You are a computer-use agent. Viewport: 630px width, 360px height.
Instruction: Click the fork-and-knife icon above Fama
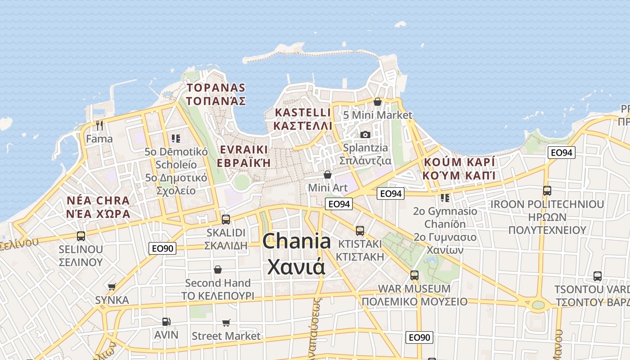[x=99, y=125]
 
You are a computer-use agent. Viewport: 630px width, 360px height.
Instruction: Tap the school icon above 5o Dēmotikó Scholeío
[x=176, y=139]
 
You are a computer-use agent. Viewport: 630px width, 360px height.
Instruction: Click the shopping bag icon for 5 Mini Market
[x=378, y=102]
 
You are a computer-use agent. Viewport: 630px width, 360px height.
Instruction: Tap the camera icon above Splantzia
[x=365, y=135]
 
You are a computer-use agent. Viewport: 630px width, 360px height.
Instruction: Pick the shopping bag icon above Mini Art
[x=328, y=174]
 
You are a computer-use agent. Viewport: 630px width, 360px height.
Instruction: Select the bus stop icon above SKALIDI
[x=226, y=220]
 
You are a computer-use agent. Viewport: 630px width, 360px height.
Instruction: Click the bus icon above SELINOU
[x=81, y=236]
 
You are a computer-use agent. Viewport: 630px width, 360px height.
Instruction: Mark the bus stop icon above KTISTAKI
[x=360, y=231]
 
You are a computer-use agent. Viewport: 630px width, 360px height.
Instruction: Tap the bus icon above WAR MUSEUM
[x=414, y=275]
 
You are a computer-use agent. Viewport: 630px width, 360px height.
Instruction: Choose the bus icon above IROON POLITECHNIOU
[x=547, y=191]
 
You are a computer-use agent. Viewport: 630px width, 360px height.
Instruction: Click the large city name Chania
[x=297, y=242]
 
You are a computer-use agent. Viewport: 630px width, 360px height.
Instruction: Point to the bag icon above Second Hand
[x=218, y=270]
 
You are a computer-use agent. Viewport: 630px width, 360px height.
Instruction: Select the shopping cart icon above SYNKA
[x=112, y=287]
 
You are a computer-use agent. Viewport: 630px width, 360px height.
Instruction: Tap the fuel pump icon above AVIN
[x=166, y=322]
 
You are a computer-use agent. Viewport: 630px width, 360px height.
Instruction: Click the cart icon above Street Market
[x=226, y=323]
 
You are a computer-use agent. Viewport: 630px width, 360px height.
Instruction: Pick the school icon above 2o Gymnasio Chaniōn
[x=445, y=198]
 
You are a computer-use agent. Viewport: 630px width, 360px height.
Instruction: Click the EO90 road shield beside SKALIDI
[x=162, y=247]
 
